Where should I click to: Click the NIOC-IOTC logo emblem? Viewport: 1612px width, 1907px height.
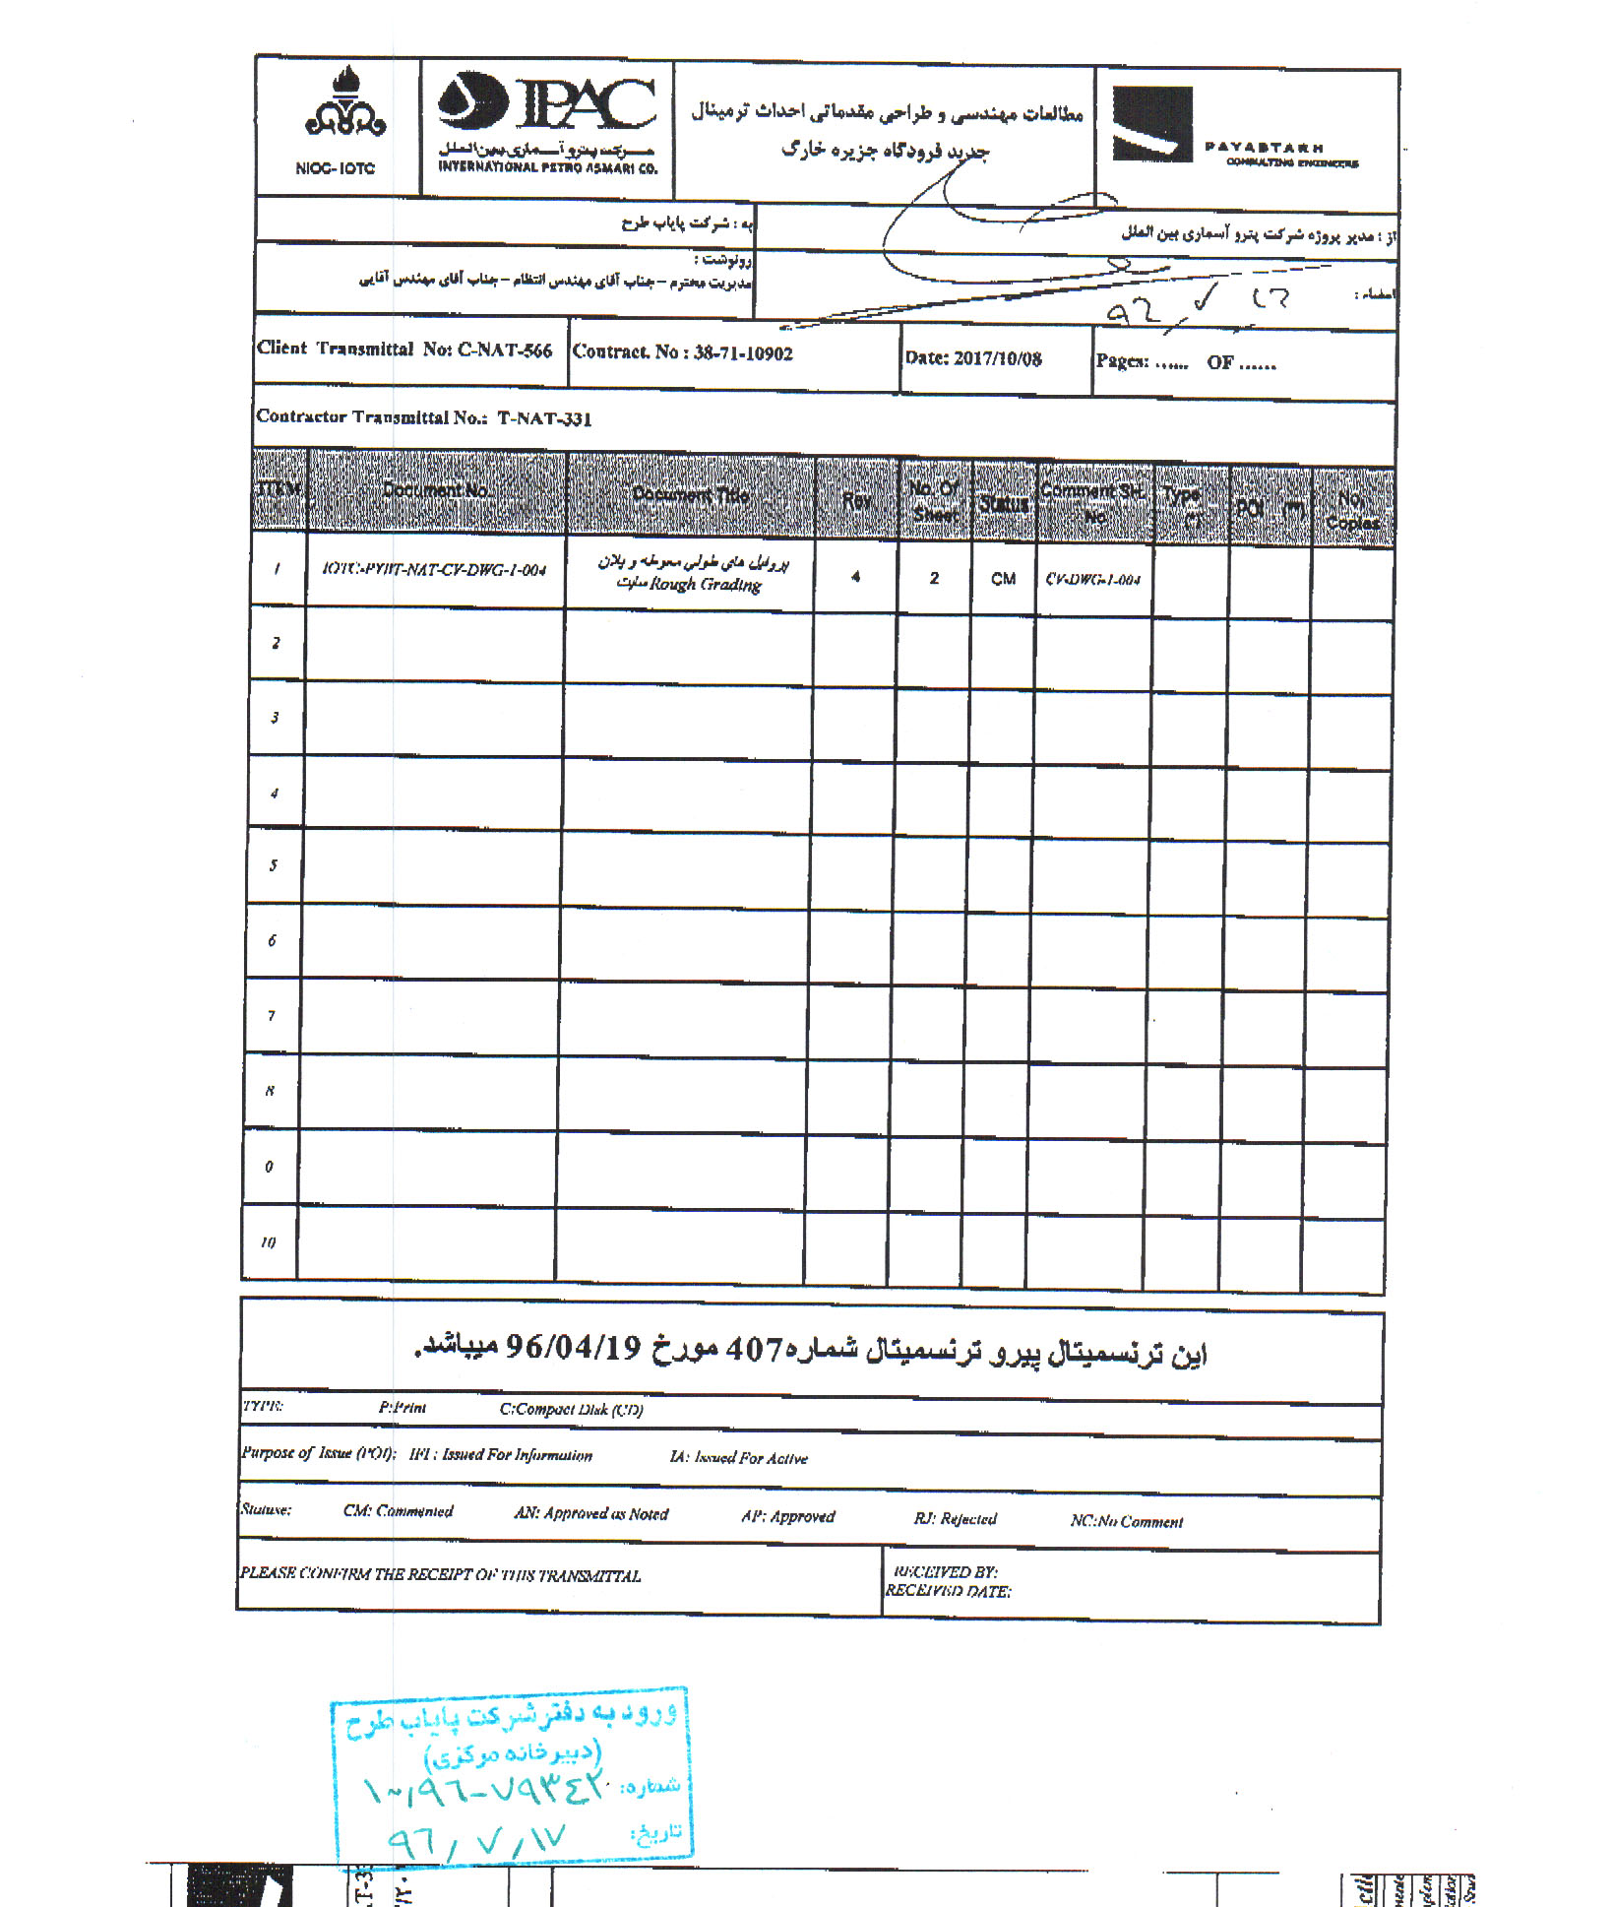pos(344,104)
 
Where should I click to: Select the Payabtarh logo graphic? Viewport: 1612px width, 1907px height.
pos(1152,124)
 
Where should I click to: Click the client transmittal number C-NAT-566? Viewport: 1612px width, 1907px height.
pos(505,350)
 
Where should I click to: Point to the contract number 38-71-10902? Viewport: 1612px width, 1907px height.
pos(743,353)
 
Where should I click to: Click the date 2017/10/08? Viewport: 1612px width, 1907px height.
pos(998,358)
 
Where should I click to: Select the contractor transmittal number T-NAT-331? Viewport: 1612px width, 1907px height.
pos(544,418)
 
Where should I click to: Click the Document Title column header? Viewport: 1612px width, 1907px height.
pos(691,495)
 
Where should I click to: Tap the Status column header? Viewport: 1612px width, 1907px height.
pos(1003,504)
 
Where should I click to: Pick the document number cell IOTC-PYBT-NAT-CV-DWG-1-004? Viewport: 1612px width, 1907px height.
pos(434,570)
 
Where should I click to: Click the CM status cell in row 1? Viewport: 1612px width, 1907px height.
pos(1003,579)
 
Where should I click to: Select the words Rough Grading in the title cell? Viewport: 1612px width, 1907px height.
pos(706,585)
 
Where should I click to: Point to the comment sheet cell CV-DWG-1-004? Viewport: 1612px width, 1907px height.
pos(1092,580)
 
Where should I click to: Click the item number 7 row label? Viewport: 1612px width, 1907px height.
pos(273,1015)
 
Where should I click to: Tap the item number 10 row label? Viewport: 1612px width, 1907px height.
pos(269,1242)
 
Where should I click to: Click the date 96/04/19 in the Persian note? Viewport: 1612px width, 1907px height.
pos(573,1348)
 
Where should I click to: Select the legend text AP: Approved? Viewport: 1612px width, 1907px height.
pos(788,1516)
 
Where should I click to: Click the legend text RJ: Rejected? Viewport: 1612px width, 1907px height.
pos(955,1519)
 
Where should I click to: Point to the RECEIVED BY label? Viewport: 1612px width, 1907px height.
pos(944,1572)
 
